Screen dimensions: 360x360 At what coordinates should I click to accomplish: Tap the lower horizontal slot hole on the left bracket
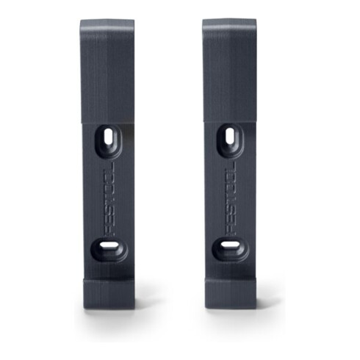(109, 245)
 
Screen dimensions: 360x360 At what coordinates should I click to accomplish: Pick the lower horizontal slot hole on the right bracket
(231, 245)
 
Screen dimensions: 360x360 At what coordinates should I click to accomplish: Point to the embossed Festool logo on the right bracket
(231, 198)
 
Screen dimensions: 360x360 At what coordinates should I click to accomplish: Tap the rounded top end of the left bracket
(107, 24)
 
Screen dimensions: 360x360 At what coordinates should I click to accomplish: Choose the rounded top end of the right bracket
(229, 24)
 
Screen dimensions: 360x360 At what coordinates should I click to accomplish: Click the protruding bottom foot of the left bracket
(109, 293)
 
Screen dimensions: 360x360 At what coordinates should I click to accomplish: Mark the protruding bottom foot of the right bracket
(231, 293)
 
